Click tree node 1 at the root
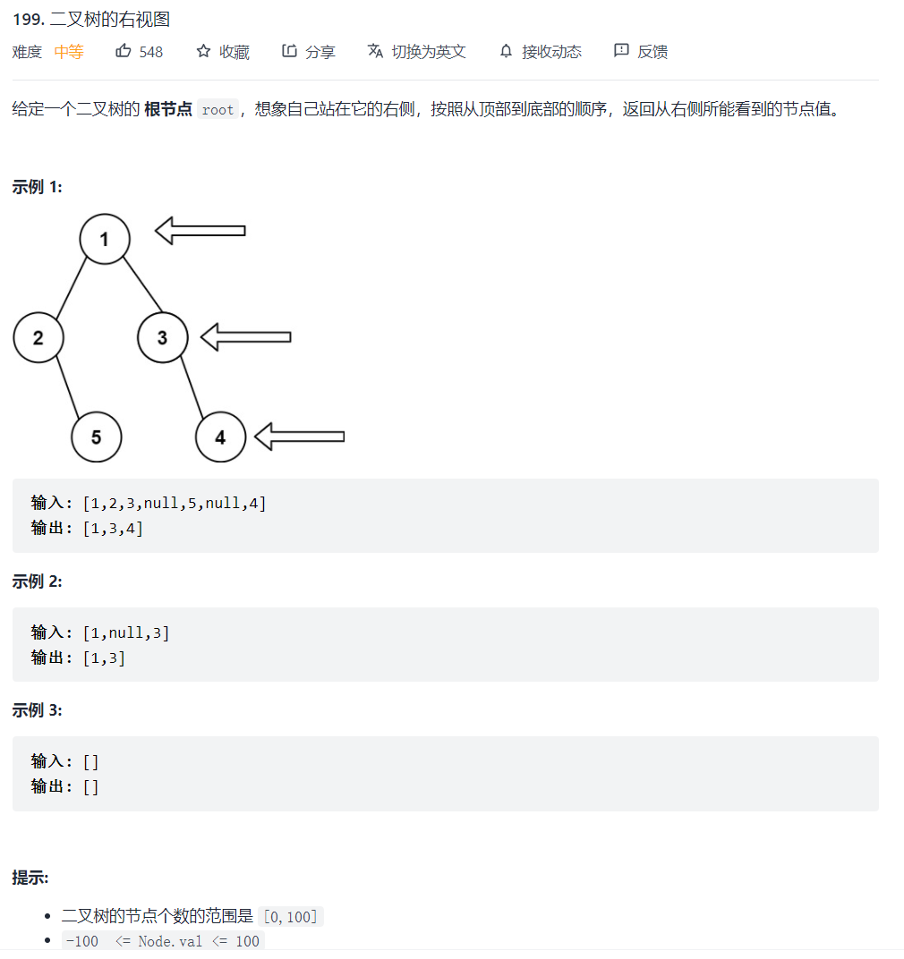pos(105,239)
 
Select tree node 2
pos(38,337)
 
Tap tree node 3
pos(163,337)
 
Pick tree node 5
pos(96,437)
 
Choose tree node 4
pos(220,437)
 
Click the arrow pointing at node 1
pos(200,231)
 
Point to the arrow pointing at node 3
pos(246,337)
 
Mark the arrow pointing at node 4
pos(300,437)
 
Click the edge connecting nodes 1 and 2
pos(72,288)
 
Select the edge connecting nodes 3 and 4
pos(192,386)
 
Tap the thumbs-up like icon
pos(124,51)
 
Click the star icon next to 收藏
pos(203,51)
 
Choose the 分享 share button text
pos(320,52)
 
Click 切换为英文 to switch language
pos(429,52)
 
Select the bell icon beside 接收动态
pos(507,51)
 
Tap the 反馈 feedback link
pos(652,52)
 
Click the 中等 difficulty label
pos(69,52)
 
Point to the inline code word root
pos(217,110)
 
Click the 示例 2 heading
pos(37,581)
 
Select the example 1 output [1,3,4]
pos(113,528)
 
